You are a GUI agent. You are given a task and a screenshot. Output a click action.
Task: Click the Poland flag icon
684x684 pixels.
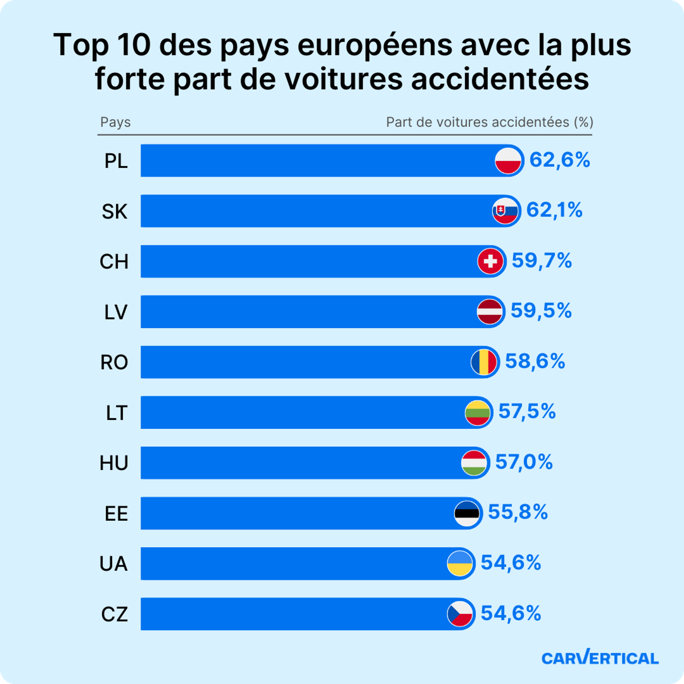point(508,161)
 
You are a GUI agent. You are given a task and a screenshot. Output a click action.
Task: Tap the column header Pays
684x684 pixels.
point(115,122)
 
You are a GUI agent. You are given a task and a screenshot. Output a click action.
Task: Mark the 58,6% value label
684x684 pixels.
point(535,361)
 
